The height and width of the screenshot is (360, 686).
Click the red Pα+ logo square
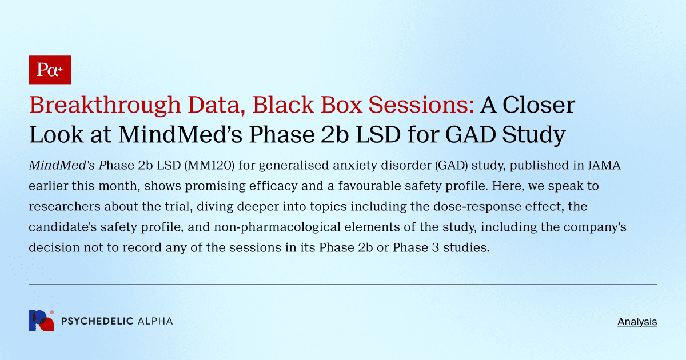[50, 70]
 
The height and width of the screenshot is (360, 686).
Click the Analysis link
[637, 322]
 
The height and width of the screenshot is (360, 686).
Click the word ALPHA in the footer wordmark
[155, 321]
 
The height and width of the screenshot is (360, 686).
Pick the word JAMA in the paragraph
[603, 166]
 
